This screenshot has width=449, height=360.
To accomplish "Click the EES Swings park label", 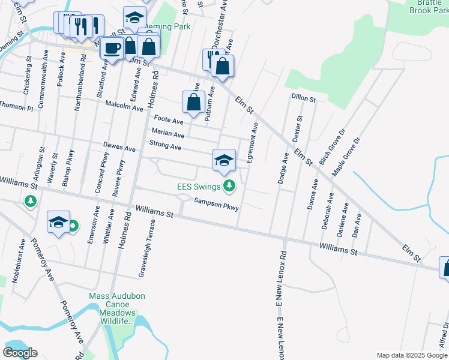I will pyautogui.click(x=198, y=187).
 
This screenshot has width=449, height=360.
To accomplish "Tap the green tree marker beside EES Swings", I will pyautogui.click(x=229, y=187).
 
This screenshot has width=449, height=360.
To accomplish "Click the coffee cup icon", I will pyautogui.click(x=112, y=48).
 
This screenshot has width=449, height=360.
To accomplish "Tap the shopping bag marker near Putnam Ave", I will pyautogui.click(x=193, y=103).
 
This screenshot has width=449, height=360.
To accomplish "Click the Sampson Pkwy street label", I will pyautogui.click(x=217, y=205).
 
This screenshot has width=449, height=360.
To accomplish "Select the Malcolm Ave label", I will pyautogui.click(x=124, y=106).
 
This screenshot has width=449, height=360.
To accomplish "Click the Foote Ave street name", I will pyautogui.click(x=169, y=120).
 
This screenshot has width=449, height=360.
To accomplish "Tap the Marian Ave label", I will pyautogui.click(x=167, y=133).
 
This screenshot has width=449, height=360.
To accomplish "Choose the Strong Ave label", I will pyautogui.click(x=165, y=146).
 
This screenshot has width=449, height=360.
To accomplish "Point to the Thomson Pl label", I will pyautogui.click(x=16, y=107).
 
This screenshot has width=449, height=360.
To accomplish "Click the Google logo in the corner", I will pyautogui.click(x=20, y=352).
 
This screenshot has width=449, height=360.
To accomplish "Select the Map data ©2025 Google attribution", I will pyautogui.click(x=412, y=355).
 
